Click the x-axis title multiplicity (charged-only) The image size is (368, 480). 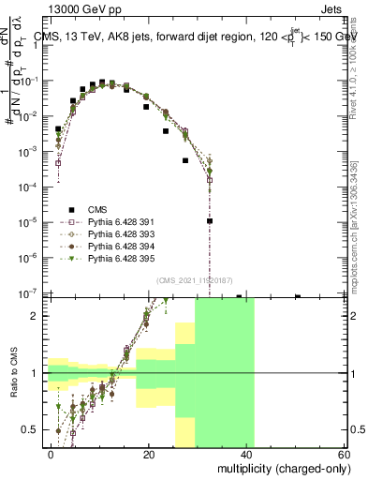point(279,467)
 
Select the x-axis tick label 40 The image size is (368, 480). point(244,454)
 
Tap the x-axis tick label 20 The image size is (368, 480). point(148,454)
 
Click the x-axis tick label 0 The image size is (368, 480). point(52,454)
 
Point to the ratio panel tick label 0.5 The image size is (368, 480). point(32,429)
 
